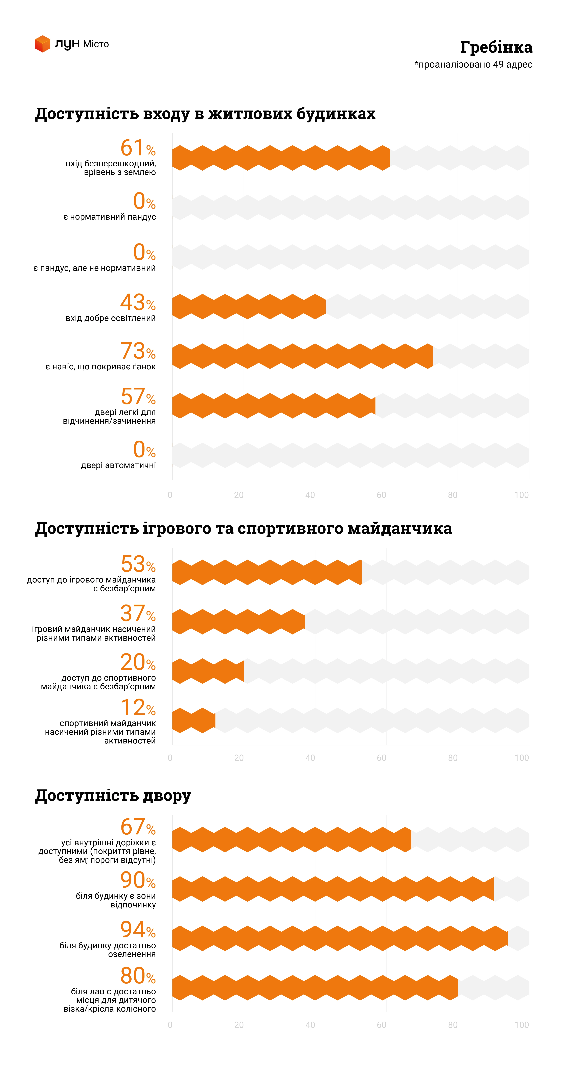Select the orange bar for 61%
coord(281,158)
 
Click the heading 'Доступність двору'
coord(113,795)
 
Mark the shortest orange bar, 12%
coord(194,720)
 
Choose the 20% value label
coord(138,662)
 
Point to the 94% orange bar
coord(339,938)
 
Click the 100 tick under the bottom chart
coord(521,1025)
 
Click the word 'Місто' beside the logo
coord(96,44)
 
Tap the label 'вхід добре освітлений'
coord(111,318)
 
